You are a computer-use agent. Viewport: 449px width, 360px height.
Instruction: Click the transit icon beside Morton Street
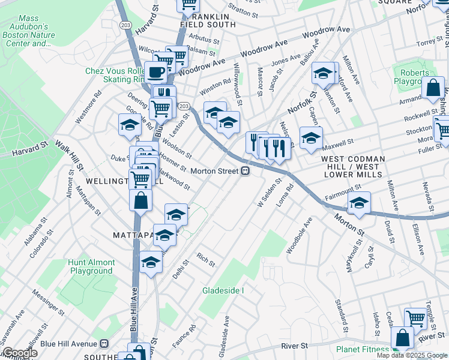(x=246, y=171)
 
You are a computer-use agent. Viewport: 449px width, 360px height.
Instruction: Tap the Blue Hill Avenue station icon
(x=104, y=344)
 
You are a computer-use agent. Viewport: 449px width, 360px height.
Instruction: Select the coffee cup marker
(x=156, y=74)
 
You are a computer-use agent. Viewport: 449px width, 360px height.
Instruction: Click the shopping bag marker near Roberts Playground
(x=433, y=88)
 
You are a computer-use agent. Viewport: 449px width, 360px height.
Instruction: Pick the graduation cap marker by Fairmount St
(x=359, y=203)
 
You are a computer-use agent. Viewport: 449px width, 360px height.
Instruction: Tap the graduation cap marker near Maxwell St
(x=311, y=138)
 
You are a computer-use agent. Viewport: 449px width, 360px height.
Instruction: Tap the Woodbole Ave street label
(x=300, y=235)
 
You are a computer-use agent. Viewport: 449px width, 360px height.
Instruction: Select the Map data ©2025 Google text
(x=412, y=355)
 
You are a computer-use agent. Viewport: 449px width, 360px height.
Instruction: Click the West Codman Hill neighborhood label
(x=352, y=166)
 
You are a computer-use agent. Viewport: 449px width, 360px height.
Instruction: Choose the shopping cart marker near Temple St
(x=415, y=319)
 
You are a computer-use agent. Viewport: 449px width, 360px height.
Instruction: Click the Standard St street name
(x=341, y=317)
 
